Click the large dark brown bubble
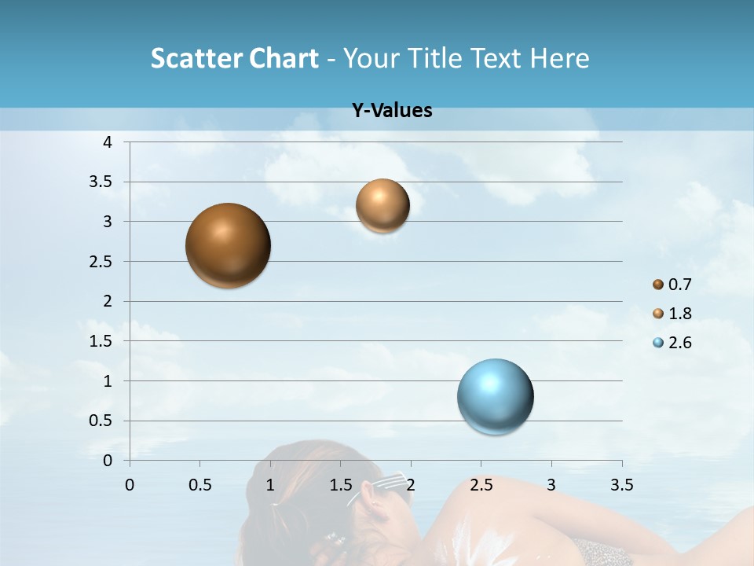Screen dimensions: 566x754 tap(228, 245)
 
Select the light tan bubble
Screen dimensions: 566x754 tap(382, 206)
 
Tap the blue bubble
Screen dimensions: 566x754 tap(495, 396)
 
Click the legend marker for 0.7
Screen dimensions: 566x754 tap(658, 285)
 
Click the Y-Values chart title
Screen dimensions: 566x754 tap(391, 111)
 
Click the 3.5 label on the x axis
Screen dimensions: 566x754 tap(621, 484)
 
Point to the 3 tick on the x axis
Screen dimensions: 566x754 tap(551, 484)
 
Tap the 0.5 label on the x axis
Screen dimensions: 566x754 tap(199, 484)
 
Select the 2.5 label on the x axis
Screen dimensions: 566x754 tap(481, 484)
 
